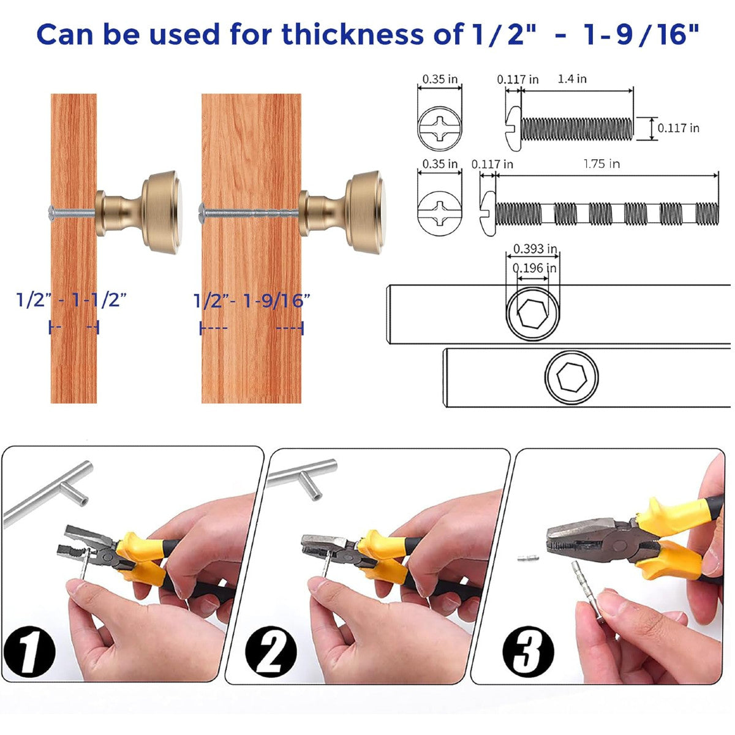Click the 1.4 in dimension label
pos(571,79)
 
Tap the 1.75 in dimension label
pos(601,164)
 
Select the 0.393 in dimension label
pos(535,249)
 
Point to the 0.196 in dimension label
pos(534,268)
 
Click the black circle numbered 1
pos(29,652)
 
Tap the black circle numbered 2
pos(271,652)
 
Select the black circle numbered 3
pos(528,652)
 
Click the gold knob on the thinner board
pos(138,212)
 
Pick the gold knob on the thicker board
pos(342,212)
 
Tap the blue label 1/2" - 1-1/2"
pos(71,300)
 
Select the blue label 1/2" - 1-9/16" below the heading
pos(252,301)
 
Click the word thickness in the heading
pos(352,34)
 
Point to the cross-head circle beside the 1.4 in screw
pos(440,129)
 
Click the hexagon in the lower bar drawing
pos(571,377)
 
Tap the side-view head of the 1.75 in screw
pos(488,214)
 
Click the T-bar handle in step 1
pos(48,492)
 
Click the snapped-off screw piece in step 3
pos(528,559)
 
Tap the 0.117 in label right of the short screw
pos(679,128)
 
